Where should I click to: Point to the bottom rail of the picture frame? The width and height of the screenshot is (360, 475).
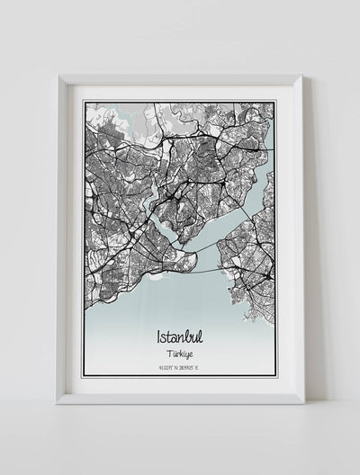pos(180,397)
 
